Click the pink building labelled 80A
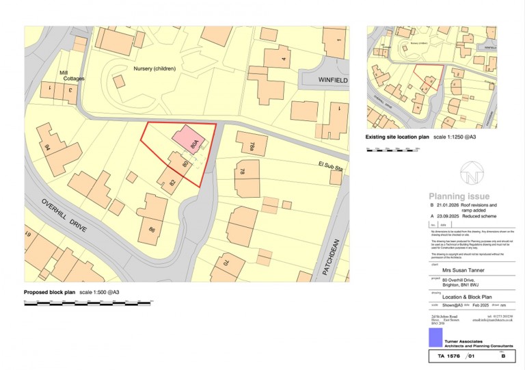(x=187, y=140)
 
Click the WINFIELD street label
(x=333, y=80)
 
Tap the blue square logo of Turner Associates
(x=435, y=337)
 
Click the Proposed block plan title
(x=50, y=293)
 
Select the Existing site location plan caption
(x=397, y=137)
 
